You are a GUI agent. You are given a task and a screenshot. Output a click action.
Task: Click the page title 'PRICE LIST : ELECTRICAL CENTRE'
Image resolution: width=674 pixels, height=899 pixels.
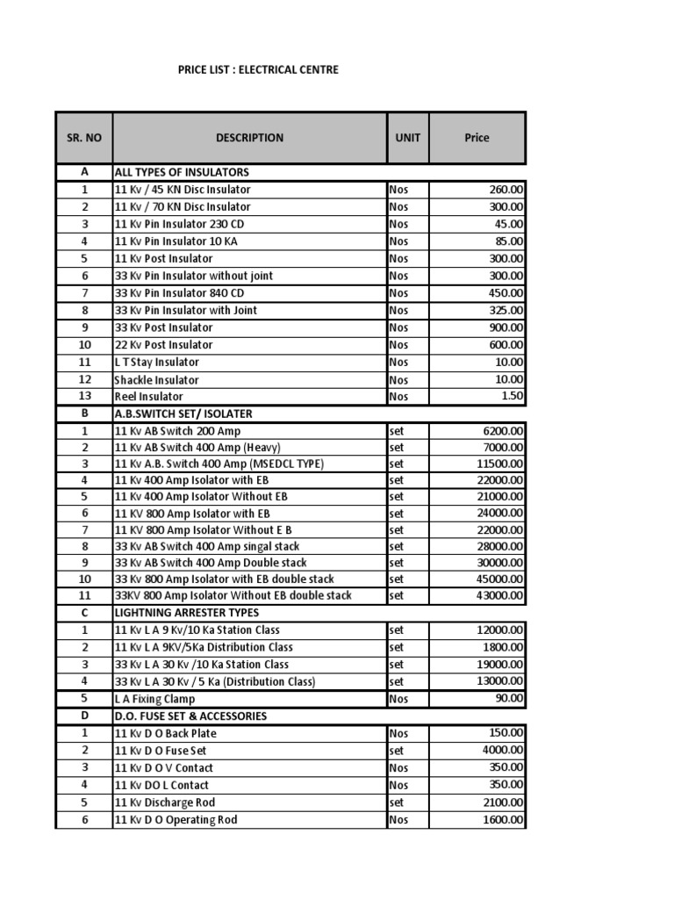pos(257,69)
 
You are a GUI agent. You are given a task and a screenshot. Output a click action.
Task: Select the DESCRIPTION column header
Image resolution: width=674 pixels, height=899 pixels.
pos(249,138)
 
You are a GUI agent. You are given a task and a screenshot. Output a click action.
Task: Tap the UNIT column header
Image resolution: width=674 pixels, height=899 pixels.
pos(407,138)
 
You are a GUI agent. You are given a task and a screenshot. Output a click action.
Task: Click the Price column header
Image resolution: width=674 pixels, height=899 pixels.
pos(477,138)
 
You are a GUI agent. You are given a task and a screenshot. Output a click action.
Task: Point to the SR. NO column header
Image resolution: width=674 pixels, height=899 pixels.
pos(84,138)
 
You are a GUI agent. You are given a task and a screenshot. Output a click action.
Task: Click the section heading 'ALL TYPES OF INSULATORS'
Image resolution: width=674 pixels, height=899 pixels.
pos(182,172)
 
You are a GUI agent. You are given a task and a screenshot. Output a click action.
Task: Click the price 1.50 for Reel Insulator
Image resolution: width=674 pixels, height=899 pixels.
pos(511,397)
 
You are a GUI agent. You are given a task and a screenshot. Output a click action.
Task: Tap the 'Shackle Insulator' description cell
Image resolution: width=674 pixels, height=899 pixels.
pos(156,380)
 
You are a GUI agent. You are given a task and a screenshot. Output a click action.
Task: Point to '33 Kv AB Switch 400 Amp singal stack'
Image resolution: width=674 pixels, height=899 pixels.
pos(207,546)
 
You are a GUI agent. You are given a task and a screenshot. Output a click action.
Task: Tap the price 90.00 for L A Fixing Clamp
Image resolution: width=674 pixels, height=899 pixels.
pos(509,699)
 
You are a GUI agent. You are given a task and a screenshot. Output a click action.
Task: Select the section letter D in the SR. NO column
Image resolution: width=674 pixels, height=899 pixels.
pos(84,716)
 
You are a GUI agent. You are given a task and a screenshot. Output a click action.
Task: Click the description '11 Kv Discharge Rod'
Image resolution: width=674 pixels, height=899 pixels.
pos(165,802)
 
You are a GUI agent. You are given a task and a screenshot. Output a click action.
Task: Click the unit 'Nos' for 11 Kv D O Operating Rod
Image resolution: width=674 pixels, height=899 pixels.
pos(398,820)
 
